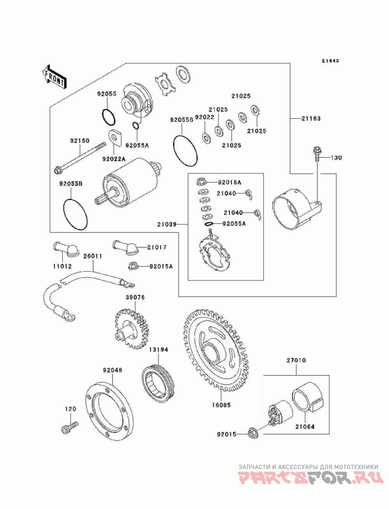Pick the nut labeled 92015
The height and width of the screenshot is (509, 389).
(x=252, y=432)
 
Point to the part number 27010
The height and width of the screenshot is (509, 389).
(x=296, y=362)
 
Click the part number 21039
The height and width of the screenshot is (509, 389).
(x=167, y=224)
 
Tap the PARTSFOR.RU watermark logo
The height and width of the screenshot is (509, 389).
(x=309, y=479)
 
